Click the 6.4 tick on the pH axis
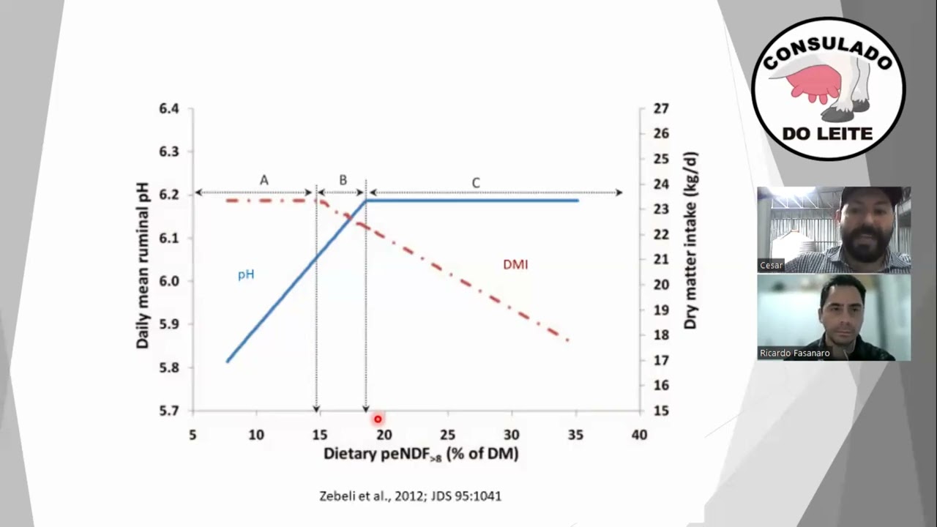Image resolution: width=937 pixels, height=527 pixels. [x=169, y=109]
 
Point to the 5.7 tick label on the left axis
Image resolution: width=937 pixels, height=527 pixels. [x=169, y=411]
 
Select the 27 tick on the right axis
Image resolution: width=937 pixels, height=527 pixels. [x=661, y=109]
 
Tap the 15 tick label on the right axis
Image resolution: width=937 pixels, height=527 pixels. [x=661, y=411]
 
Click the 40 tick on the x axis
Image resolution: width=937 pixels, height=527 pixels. [x=639, y=435]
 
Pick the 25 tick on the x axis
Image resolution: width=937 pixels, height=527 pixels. [x=447, y=435]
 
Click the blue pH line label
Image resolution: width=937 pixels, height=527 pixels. [x=246, y=274]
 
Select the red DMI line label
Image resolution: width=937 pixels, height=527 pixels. [x=515, y=265]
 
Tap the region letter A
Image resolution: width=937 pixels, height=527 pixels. [x=264, y=180]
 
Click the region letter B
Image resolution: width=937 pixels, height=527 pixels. [x=343, y=180]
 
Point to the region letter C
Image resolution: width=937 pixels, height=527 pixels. [x=476, y=183]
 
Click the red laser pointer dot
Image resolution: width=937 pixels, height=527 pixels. [x=378, y=419]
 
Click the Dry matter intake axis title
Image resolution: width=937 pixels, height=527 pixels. [x=691, y=241]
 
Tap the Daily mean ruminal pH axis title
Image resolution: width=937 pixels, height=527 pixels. [x=143, y=266]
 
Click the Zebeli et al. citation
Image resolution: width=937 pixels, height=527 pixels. [x=411, y=496]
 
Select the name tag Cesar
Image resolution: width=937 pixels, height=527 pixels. [x=771, y=265]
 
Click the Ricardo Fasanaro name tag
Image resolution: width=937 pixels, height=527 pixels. [x=794, y=353]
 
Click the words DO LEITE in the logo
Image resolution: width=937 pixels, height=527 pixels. [x=827, y=134]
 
